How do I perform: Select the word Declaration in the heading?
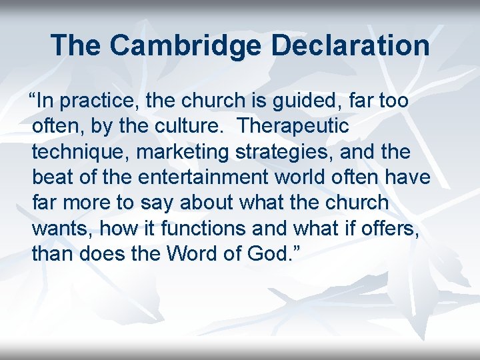tap(350, 45)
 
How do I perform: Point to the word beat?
tap(51, 177)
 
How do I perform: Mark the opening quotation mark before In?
tap(29, 99)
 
